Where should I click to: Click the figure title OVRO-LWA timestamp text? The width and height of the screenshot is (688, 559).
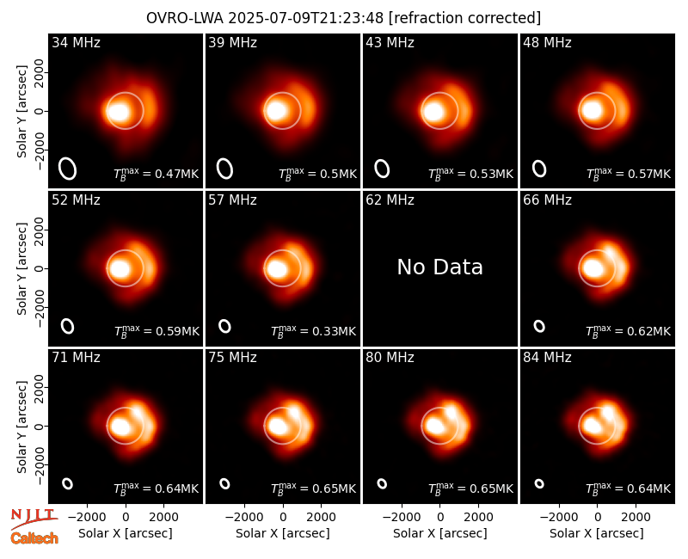coord(343,18)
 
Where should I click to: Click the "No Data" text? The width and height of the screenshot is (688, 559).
coord(440,267)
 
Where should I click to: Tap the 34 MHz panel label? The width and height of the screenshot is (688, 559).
coord(76,42)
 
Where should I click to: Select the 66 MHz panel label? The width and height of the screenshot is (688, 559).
coord(547,200)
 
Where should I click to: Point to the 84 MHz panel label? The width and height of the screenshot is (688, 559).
coord(547,358)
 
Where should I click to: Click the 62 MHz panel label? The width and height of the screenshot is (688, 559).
coord(390,200)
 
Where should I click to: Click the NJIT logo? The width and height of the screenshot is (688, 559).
coord(34,518)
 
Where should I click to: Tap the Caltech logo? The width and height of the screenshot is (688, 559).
coord(34,538)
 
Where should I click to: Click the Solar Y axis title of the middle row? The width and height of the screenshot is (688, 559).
coord(21,268)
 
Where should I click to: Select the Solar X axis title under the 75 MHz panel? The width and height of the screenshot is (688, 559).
coord(283,533)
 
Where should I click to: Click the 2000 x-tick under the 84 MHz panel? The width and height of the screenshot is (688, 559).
coord(636,518)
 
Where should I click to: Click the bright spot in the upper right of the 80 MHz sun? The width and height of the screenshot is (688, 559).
coord(451,412)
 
